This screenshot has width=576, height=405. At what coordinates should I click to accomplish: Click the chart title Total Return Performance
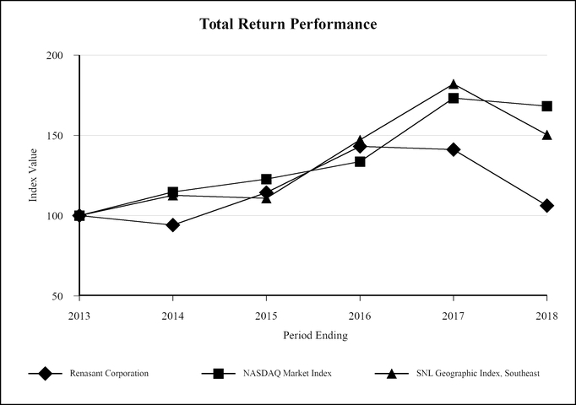288,24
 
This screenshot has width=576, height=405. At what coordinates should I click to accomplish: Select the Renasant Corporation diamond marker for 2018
547,206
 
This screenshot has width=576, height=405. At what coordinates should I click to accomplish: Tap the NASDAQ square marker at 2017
454,98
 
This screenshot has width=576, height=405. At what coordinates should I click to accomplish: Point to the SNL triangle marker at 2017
454,84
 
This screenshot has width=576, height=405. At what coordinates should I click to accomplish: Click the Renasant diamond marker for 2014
172,225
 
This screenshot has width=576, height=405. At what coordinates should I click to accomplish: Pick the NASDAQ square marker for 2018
547,106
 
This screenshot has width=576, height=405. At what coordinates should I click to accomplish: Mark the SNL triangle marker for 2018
547,135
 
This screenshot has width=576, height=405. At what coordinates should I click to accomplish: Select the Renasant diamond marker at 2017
454,149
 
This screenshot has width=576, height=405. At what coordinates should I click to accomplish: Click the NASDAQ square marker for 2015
266,179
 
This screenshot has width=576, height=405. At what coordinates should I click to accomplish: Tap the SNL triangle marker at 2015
266,198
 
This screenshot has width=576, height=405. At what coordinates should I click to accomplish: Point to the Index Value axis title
34,175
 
